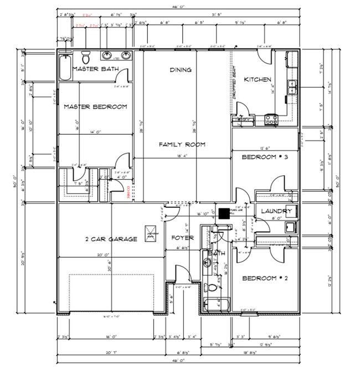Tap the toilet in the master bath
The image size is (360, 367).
(x=86, y=57)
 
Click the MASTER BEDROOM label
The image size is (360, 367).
(x=95, y=106)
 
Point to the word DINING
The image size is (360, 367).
(x=181, y=70)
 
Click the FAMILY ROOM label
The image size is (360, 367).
(x=182, y=144)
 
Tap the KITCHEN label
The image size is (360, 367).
(x=258, y=80)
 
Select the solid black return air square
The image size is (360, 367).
(x=223, y=213)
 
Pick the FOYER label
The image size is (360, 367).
(x=182, y=239)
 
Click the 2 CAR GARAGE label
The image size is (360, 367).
(x=110, y=239)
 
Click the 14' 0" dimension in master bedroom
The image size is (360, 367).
(x=96, y=132)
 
